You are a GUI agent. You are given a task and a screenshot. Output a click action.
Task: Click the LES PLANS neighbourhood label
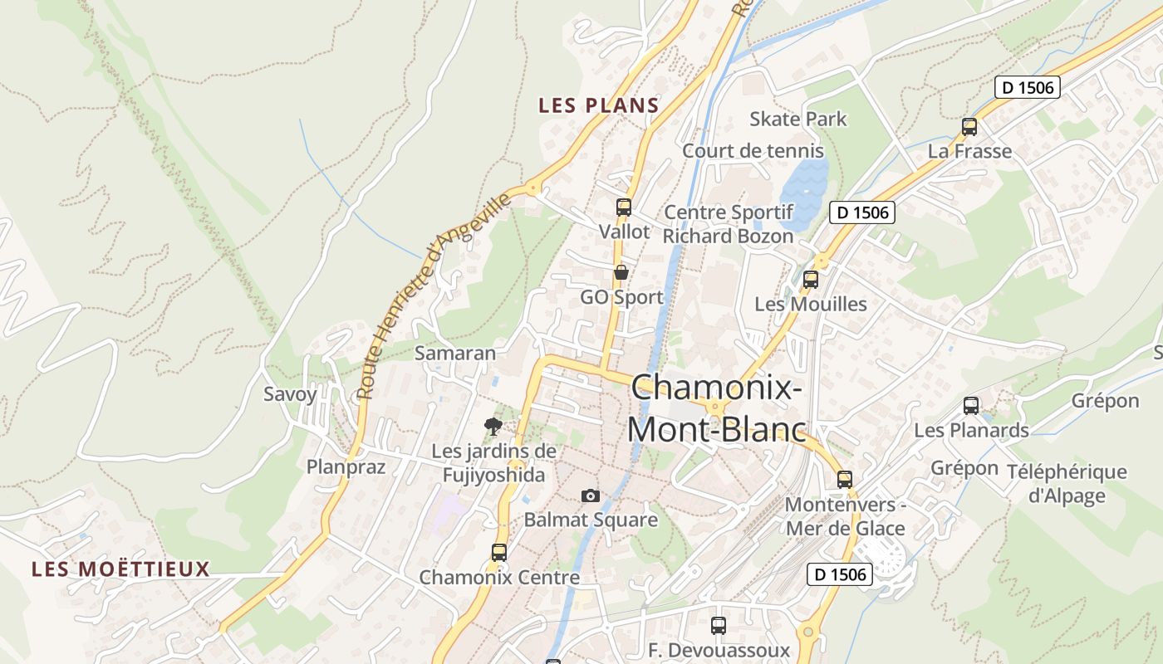click(598, 105)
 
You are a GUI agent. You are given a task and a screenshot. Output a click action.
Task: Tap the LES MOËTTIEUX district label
click(120, 569)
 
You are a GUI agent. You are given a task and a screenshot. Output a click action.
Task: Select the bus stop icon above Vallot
click(624, 207)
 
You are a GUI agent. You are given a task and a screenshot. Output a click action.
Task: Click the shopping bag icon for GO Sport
click(621, 272)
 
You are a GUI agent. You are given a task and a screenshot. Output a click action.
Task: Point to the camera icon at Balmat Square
click(591, 496)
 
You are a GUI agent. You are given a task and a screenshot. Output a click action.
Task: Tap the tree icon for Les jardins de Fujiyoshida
click(493, 427)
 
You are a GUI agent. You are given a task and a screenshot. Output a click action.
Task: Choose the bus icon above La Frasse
click(969, 127)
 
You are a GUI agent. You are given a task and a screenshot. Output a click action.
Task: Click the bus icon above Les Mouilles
click(811, 280)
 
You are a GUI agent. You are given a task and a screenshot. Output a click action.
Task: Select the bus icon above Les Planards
click(971, 406)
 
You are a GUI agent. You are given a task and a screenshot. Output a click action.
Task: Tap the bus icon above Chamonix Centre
click(499, 552)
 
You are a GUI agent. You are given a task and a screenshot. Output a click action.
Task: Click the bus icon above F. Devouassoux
click(719, 625)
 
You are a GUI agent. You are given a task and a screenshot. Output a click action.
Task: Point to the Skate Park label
click(797, 119)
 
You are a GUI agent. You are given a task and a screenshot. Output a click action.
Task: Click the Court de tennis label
click(753, 151)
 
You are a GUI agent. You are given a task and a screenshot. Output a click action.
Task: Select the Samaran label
click(455, 353)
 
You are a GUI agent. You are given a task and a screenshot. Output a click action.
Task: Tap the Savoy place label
click(290, 394)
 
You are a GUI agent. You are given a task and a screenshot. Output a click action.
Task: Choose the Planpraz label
click(346, 466)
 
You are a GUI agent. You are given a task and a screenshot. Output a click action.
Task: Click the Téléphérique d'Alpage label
click(1067, 484)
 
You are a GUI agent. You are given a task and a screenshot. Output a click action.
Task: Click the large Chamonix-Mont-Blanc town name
click(716, 408)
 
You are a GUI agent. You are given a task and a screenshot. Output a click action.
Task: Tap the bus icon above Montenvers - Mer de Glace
click(845, 479)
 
